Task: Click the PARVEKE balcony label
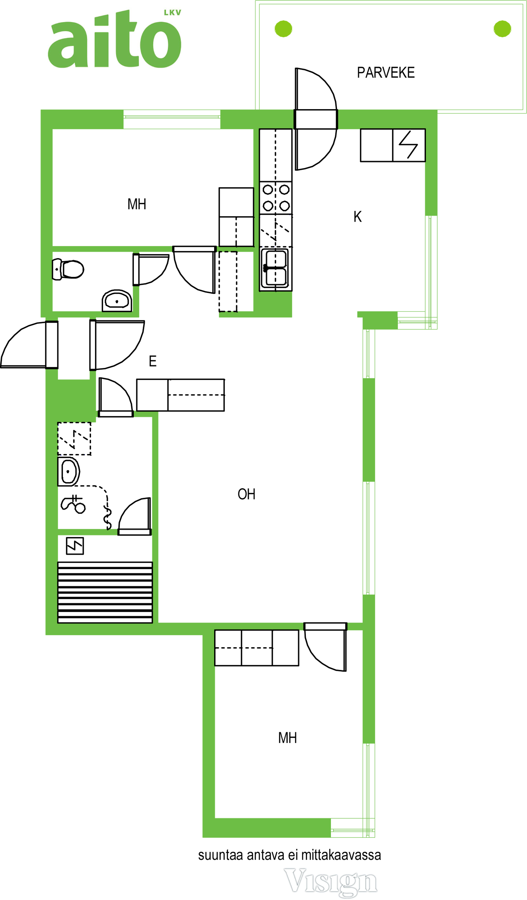(385, 72)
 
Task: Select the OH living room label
(246, 494)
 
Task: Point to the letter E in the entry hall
(153, 361)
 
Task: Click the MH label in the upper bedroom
(137, 204)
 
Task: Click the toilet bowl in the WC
(68, 270)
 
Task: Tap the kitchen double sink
(275, 268)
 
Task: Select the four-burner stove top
(276, 198)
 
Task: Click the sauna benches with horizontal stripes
(105, 593)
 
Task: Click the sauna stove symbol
(75, 546)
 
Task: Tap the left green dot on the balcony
(284, 29)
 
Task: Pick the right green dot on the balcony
(502, 29)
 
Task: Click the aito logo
(115, 39)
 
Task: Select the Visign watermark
(331, 882)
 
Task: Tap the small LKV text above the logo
(173, 12)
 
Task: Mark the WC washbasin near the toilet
(117, 301)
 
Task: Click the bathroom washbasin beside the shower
(69, 471)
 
